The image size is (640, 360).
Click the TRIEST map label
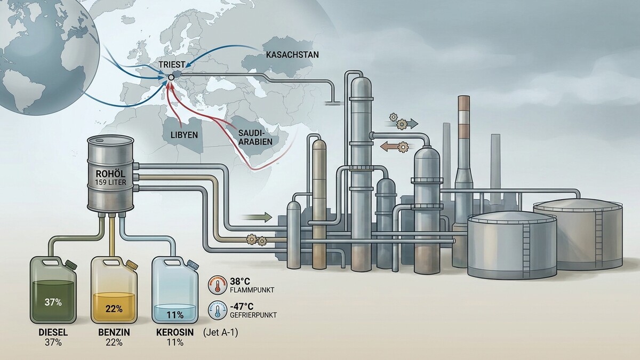(172, 65)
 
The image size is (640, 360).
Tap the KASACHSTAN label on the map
(292, 54)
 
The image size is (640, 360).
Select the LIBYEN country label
(185, 135)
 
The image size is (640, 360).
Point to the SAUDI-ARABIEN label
(255, 137)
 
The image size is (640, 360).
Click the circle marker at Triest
(171, 77)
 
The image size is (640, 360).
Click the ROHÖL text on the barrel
(110, 174)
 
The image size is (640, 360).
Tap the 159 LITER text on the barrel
(110, 182)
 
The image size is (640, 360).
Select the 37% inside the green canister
(53, 302)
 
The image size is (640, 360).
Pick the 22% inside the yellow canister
(114, 309)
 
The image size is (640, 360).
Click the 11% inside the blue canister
(175, 315)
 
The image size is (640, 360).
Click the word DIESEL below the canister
(53, 332)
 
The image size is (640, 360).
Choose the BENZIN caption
(114, 332)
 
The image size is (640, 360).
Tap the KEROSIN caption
(175, 332)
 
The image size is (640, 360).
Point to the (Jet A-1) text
(220, 333)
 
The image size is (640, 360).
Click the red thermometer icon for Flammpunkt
(218, 285)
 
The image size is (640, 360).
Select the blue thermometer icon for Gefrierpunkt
(218, 310)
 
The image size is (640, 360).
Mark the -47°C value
(242, 307)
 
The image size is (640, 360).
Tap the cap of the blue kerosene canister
(193, 265)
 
